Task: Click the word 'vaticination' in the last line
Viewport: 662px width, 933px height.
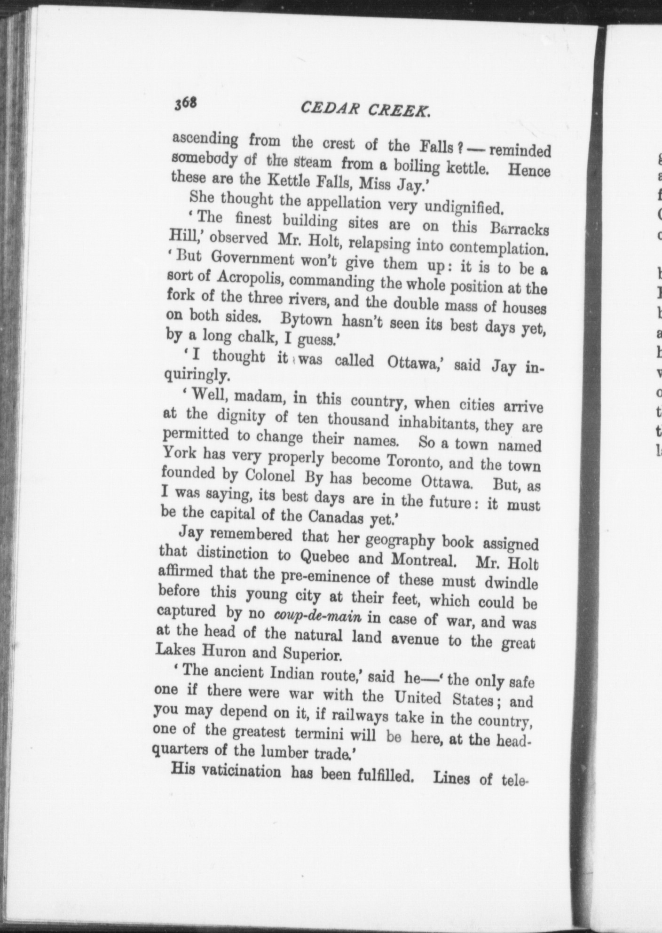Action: pos(238,772)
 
